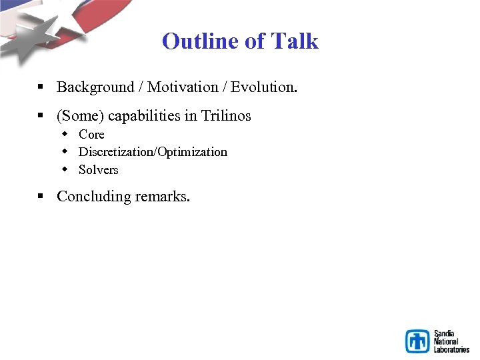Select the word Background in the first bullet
click(x=95, y=87)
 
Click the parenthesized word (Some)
click(x=80, y=116)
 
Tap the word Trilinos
click(x=226, y=116)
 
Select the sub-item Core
click(x=91, y=135)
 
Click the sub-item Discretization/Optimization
click(x=153, y=152)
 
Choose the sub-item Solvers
click(x=98, y=170)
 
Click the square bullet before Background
click(x=41, y=87)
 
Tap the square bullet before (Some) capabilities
click(x=41, y=116)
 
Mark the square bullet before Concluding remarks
click(x=41, y=197)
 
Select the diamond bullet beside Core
click(x=65, y=135)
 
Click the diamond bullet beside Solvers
click(x=65, y=170)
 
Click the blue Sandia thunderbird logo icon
click(x=418, y=341)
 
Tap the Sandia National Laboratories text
click(x=451, y=341)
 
